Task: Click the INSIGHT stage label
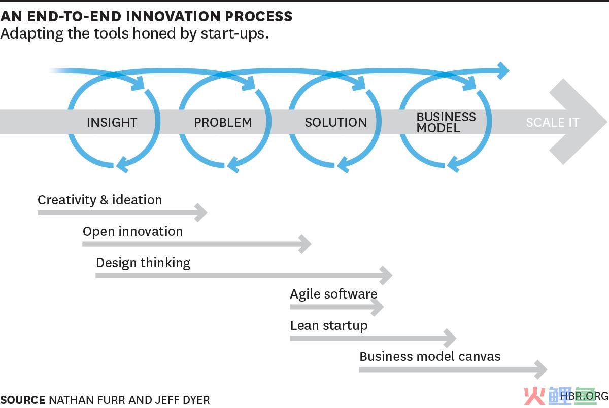pyautogui.click(x=112, y=122)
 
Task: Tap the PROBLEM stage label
pyautogui.click(x=223, y=122)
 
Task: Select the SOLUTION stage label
pyautogui.click(x=336, y=122)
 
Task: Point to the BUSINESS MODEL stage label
pyautogui.click(x=446, y=122)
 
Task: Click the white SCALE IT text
pyautogui.click(x=553, y=122)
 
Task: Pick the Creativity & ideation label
pyautogui.click(x=100, y=200)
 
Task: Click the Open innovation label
pyautogui.click(x=132, y=232)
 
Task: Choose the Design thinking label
pyautogui.click(x=143, y=263)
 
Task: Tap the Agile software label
pyautogui.click(x=333, y=294)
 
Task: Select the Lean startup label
pyautogui.click(x=329, y=326)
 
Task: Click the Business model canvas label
pyautogui.click(x=430, y=357)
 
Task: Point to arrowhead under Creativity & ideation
pyautogui.click(x=201, y=212)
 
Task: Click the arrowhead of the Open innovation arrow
pyautogui.click(x=305, y=244)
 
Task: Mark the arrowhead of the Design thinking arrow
pyautogui.click(x=386, y=275)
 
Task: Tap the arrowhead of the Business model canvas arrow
pyautogui.click(x=541, y=369)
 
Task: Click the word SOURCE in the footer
pyautogui.click(x=23, y=400)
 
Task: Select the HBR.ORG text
pyautogui.click(x=584, y=396)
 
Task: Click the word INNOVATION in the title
pyautogui.click(x=173, y=16)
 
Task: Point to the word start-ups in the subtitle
pyautogui.click(x=235, y=34)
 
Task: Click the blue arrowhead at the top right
pyautogui.click(x=503, y=70)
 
